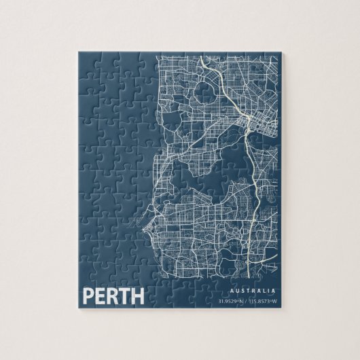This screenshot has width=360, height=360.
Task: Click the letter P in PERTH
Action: pyautogui.click(x=87, y=296)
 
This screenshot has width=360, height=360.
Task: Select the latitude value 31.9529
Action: pyautogui.click(x=228, y=300)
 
